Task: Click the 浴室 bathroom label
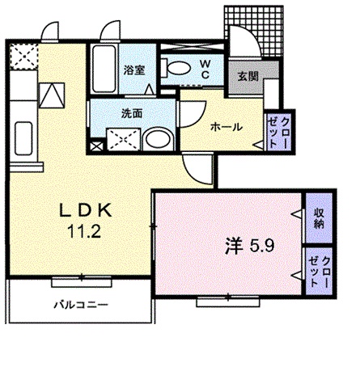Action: [133, 70]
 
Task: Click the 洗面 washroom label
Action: [132, 113]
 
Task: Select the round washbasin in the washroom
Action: [157, 141]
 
